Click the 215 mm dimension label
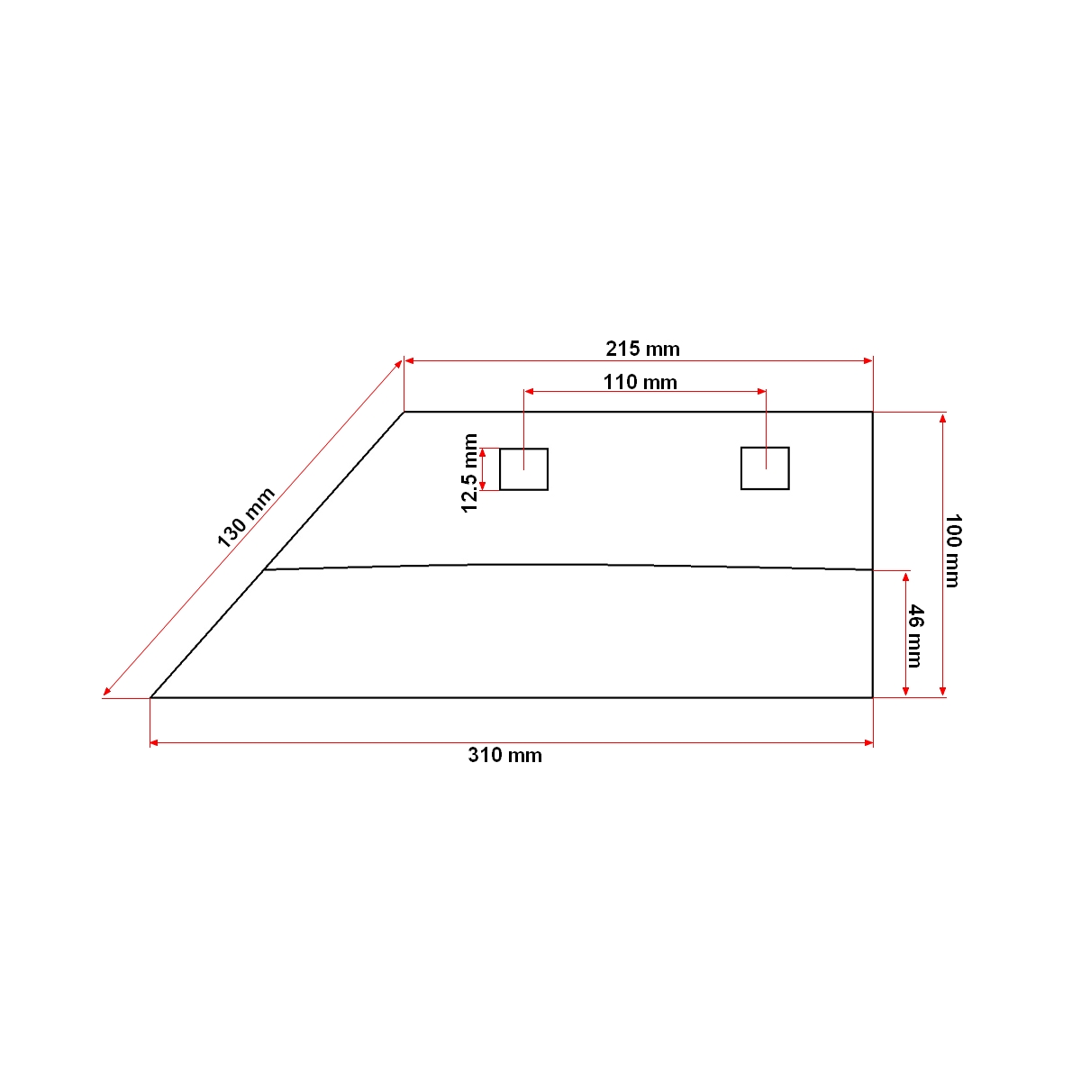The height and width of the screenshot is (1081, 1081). click(x=642, y=349)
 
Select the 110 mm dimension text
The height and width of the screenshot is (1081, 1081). click(x=640, y=382)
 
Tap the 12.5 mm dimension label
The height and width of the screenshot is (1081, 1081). click(x=469, y=473)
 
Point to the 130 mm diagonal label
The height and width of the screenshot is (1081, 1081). click(x=245, y=517)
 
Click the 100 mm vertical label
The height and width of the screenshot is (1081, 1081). click(x=953, y=550)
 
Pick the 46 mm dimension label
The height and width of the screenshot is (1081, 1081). click(x=914, y=636)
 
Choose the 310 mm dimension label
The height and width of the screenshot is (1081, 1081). click(x=504, y=755)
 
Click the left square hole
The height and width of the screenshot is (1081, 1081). click(x=523, y=469)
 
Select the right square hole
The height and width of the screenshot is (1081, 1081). click(x=765, y=468)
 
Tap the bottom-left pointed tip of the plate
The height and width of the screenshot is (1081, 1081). click(x=150, y=697)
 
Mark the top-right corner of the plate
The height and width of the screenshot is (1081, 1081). click(x=872, y=412)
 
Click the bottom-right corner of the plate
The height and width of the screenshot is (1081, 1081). click(x=872, y=697)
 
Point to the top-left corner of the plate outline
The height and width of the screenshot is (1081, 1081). click(x=404, y=412)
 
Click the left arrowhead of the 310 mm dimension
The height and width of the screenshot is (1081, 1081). click(x=154, y=742)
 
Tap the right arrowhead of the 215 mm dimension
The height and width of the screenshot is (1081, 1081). click(x=868, y=360)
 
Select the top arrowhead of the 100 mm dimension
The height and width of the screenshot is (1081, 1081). click(x=942, y=418)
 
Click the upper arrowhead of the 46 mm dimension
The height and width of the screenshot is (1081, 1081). click(x=905, y=576)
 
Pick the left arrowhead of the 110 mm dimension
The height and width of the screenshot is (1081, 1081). click(x=529, y=392)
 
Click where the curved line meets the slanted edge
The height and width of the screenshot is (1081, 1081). click(x=263, y=570)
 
